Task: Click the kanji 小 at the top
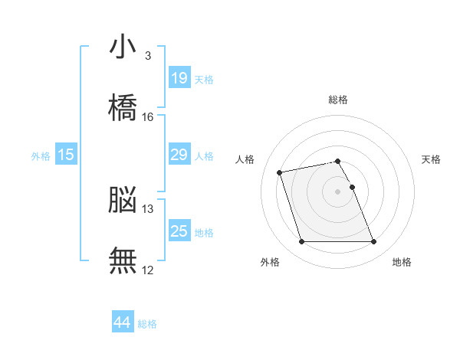click(123, 46)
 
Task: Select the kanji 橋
click(123, 107)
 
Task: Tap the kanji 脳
click(123, 199)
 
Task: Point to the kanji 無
click(123, 260)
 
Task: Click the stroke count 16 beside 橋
click(147, 117)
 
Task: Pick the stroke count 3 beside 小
click(148, 56)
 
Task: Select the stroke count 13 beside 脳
click(147, 209)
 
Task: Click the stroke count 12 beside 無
click(147, 270)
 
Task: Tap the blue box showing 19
click(179, 77)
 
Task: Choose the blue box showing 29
click(179, 154)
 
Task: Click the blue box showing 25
click(179, 230)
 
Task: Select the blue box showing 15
click(66, 154)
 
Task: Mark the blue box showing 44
click(123, 321)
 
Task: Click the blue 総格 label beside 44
click(147, 324)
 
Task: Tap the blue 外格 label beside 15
click(41, 156)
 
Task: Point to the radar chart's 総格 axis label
click(338, 100)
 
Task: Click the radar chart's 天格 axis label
click(431, 159)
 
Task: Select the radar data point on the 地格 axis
click(373, 241)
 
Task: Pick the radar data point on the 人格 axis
click(279, 172)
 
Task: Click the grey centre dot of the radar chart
click(337, 191)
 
